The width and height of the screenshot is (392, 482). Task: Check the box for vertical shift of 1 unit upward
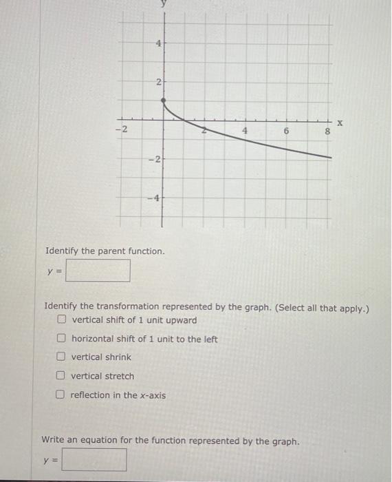click(62, 320)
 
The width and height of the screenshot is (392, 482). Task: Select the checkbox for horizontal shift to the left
click(62, 339)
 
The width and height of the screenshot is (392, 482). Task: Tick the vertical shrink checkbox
click(62, 357)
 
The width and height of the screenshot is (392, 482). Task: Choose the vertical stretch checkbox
click(62, 376)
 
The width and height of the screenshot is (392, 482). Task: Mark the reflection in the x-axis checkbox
click(62, 395)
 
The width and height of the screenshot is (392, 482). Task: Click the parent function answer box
click(98, 270)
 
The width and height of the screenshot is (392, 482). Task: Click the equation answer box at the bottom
click(94, 460)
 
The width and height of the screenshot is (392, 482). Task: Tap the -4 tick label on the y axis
click(155, 198)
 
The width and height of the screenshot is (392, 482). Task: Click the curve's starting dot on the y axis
click(163, 102)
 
